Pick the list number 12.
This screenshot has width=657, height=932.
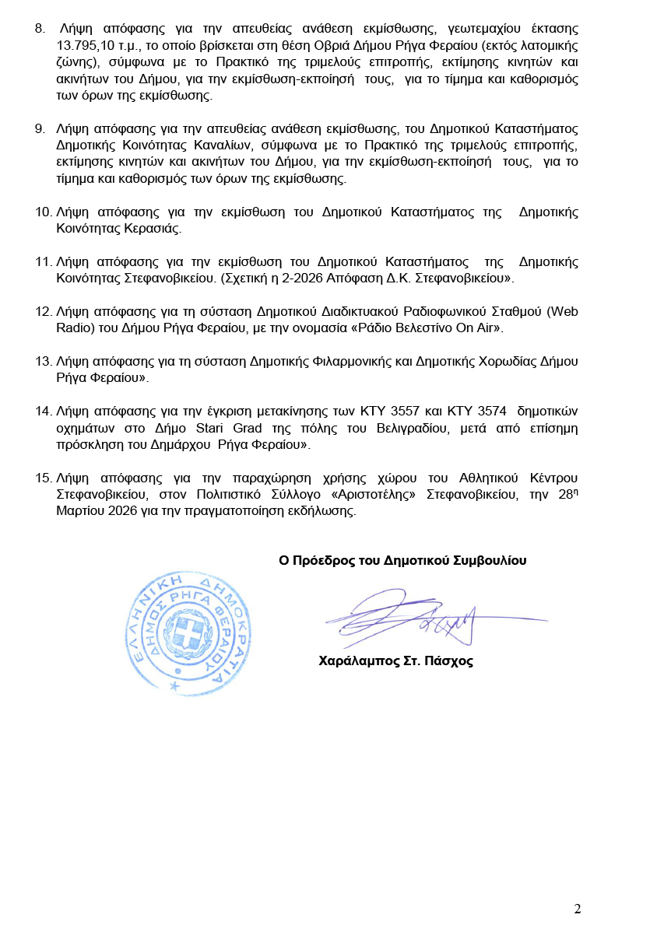(x=44, y=311)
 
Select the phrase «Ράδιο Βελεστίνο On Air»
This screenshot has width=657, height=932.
(x=427, y=328)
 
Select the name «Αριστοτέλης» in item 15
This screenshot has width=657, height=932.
(x=377, y=496)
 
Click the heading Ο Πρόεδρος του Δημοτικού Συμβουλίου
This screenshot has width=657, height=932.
(x=402, y=560)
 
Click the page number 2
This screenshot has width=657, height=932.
(x=577, y=909)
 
